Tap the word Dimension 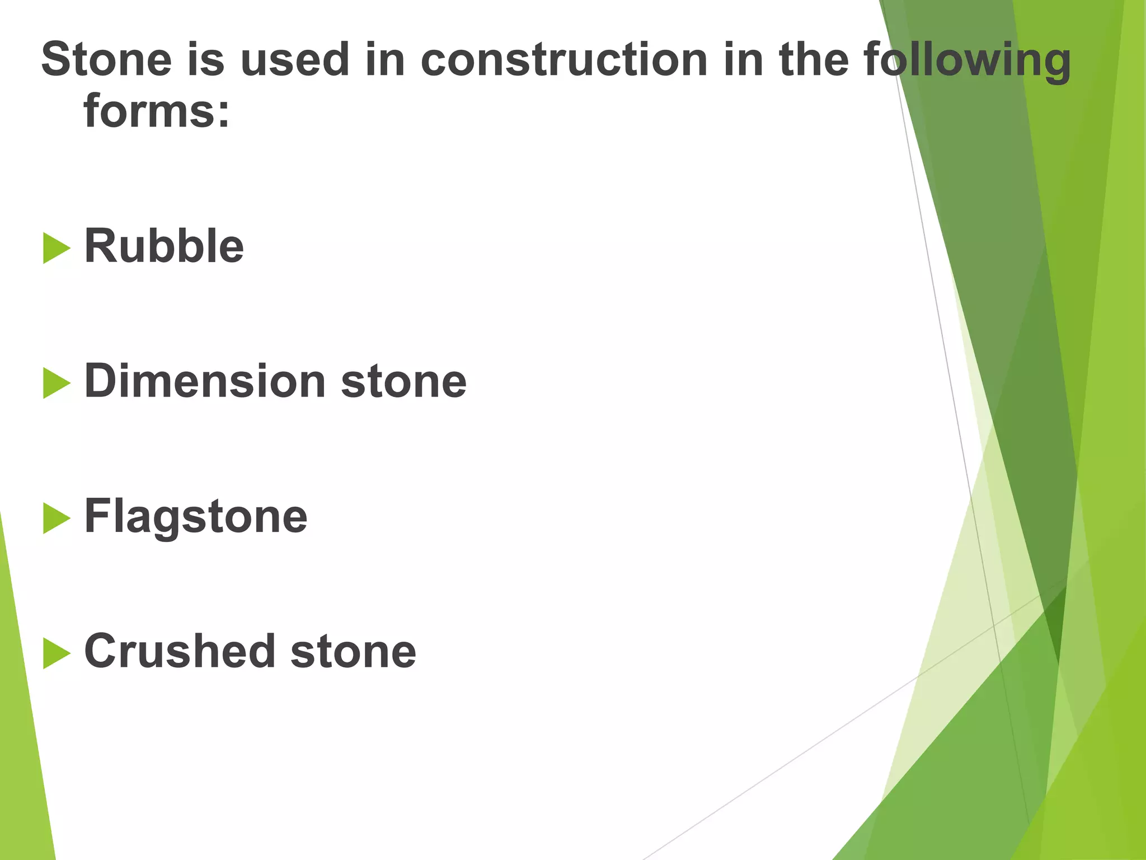(x=205, y=381)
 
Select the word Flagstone (x=196, y=517)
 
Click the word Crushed (x=180, y=651)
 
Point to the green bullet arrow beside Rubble (x=56, y=248)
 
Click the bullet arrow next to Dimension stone (x=56, y=384)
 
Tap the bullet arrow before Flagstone (x=56, y=518)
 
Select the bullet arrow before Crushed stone (x=56, y=653)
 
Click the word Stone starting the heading (x=106, y=59)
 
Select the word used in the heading (x=295, y=59)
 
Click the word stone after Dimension (x=403, y=382)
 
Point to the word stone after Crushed (x=354, y=652)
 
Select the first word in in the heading (x=385, y=59)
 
